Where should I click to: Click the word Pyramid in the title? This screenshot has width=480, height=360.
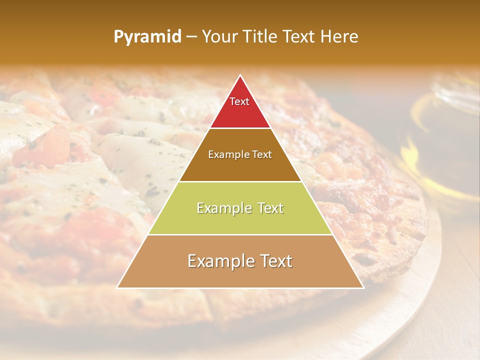(x=147, y=37)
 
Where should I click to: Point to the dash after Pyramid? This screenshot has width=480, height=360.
(x=191, y=37)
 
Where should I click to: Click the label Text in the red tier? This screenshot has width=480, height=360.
(x=239, y=101)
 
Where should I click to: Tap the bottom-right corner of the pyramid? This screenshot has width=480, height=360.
(x=363, y=287)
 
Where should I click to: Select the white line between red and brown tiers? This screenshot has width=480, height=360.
(x=240, y=128)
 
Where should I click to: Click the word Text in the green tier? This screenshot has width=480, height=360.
(x=268, y=208)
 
